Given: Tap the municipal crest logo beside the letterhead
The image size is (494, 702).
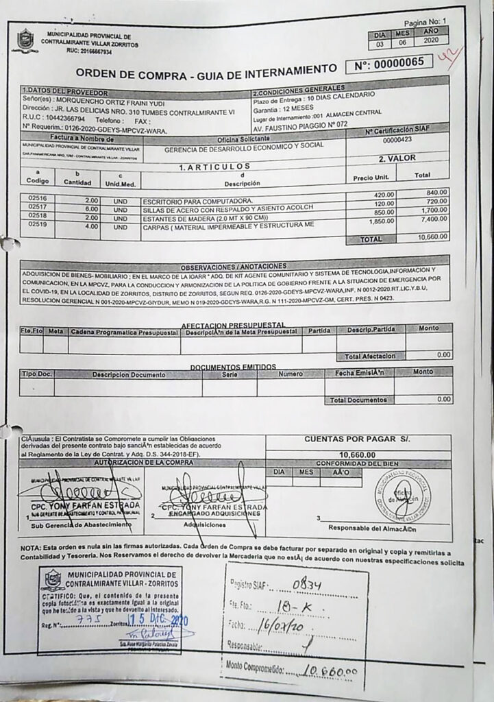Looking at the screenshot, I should click(25, 40).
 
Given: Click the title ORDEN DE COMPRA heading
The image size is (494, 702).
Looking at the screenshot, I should click(206, 71).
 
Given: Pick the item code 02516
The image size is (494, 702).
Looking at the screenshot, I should click(38, 199).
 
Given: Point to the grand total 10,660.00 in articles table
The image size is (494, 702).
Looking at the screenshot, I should click(432, 237).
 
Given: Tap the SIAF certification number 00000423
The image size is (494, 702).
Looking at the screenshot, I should click(397, 140).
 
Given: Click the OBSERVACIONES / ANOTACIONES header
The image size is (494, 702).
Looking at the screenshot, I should click(234, 266).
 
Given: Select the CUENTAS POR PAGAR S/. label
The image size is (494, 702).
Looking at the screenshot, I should click(357, 439).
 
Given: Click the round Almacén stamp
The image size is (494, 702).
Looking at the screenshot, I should click(404, 495).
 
